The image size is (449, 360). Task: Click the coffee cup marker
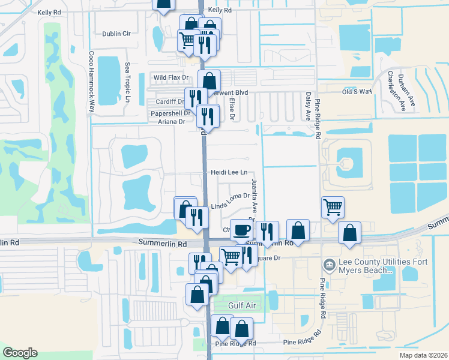[241, 229]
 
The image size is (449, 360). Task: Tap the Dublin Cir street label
[116, 34]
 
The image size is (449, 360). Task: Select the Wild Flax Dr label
[171, 77]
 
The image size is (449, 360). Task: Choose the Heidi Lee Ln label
[229, 172]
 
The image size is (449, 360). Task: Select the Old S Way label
[357, 91]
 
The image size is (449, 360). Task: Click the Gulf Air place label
[243, 305]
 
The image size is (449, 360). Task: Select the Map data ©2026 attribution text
[424, 355]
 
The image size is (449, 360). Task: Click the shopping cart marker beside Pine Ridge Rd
[333, 207]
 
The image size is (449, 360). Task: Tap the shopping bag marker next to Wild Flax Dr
[209, 80]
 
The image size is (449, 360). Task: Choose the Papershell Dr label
[170, 113]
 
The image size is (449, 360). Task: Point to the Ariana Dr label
[172, 122]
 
